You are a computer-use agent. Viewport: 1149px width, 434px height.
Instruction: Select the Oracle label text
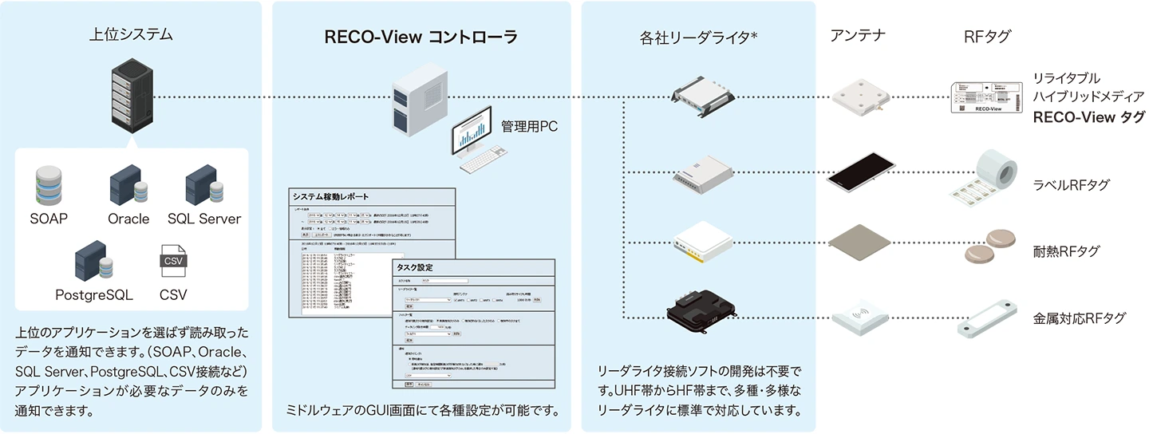point(128,219)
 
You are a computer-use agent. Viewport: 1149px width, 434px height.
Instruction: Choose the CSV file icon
point(173,262)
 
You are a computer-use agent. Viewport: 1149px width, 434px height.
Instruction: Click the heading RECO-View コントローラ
point(421,37)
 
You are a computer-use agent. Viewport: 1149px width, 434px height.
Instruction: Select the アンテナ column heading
point(858,35)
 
